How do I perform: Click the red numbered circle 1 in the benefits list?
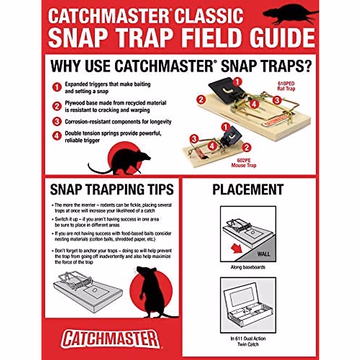coord(57,87)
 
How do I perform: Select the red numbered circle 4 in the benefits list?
coord(57,136)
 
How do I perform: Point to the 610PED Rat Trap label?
coord(286,86)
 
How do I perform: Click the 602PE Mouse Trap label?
coord(244,163)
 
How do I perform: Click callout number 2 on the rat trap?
coord(201,99)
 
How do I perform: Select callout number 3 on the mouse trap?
coord(194,139)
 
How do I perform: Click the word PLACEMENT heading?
coord(248,190)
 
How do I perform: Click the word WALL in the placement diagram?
coord(263,254)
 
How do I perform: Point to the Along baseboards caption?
coord(248,267)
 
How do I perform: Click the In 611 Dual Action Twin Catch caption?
coord(248,341)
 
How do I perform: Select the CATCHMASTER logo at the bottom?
coord(110,339)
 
